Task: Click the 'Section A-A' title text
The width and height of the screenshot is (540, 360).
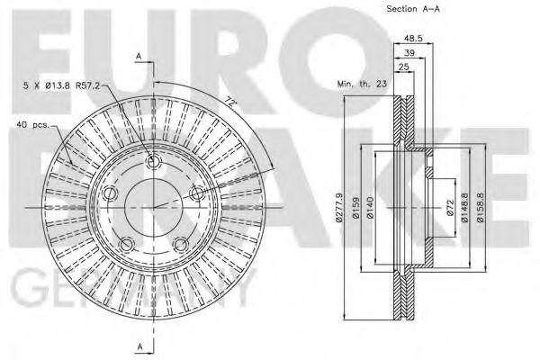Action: pyautogui.click(x=413, y=9)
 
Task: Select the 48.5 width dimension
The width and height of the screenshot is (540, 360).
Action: pyautogui.click(x=413, y=38)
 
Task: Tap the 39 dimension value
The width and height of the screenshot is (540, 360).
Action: pyautogui.click(x=409, y=53)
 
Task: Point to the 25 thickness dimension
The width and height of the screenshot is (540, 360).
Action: pyautogui.click(x=403, y=67)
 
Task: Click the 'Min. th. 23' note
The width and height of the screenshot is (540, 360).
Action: pyautogui.click(x=362, y=84)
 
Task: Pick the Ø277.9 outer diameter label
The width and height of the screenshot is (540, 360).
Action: pyautogui.click(x=339, y=208)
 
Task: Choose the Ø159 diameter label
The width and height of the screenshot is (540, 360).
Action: pyautogui.click(x=355, y=208)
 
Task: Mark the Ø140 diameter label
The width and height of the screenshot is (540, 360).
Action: pyautogui.click(x=370, y=208)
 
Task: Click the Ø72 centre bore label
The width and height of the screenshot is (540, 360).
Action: pyautogui.click(x=451, y=208)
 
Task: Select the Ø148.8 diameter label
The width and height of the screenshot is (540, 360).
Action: pyautogui.click(x=464, y=208)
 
